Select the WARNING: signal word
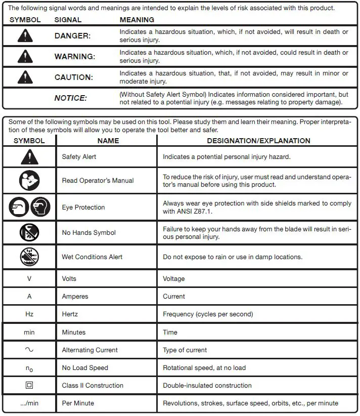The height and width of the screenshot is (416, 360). (74, 57)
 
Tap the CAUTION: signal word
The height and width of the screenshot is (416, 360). (74, 77)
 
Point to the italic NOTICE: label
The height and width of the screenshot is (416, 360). (70, 98)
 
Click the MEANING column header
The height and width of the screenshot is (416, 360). (137, 20)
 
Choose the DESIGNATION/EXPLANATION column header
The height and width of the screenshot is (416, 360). (258, 141)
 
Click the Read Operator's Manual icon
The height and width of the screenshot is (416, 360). (29, 180)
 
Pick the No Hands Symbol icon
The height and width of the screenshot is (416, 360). (29, 233)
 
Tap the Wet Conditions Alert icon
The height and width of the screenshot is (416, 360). (29, 257)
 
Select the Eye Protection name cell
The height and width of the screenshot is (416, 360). (83, 207)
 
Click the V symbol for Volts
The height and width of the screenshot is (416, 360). (29, 279)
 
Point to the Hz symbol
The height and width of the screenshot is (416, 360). (29, 314)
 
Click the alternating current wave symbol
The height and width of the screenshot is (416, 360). (29, 350)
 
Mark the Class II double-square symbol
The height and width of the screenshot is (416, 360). (29, 385)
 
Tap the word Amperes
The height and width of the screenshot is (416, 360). (75, 297)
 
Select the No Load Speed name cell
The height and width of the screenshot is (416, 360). (85, 368)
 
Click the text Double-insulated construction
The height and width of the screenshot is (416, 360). (207, 386)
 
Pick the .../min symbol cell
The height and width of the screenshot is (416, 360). (29, 403)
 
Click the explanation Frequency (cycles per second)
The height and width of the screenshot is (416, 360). (207, 314)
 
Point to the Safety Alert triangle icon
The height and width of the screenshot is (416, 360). (29, 157)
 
